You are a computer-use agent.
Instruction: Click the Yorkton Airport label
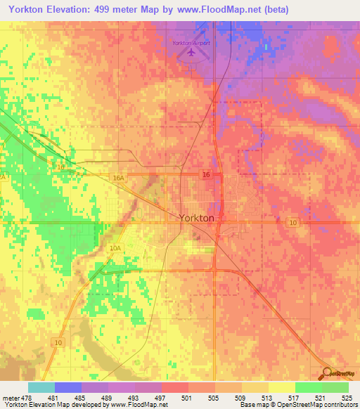pyautogui.click(x=191, y=43)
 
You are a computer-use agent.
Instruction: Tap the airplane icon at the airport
pyautogui.click(x=190, y=54)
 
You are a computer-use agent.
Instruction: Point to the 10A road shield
pyautogui.click(x=115, y=249)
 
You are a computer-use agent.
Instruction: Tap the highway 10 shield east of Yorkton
pyautogui.click(x=294, y=222)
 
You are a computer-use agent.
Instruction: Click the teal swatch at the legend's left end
pyautogui.click(x=41, y=387)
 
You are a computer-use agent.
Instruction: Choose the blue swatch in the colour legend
pyautogui.click(x=68, y=387)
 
